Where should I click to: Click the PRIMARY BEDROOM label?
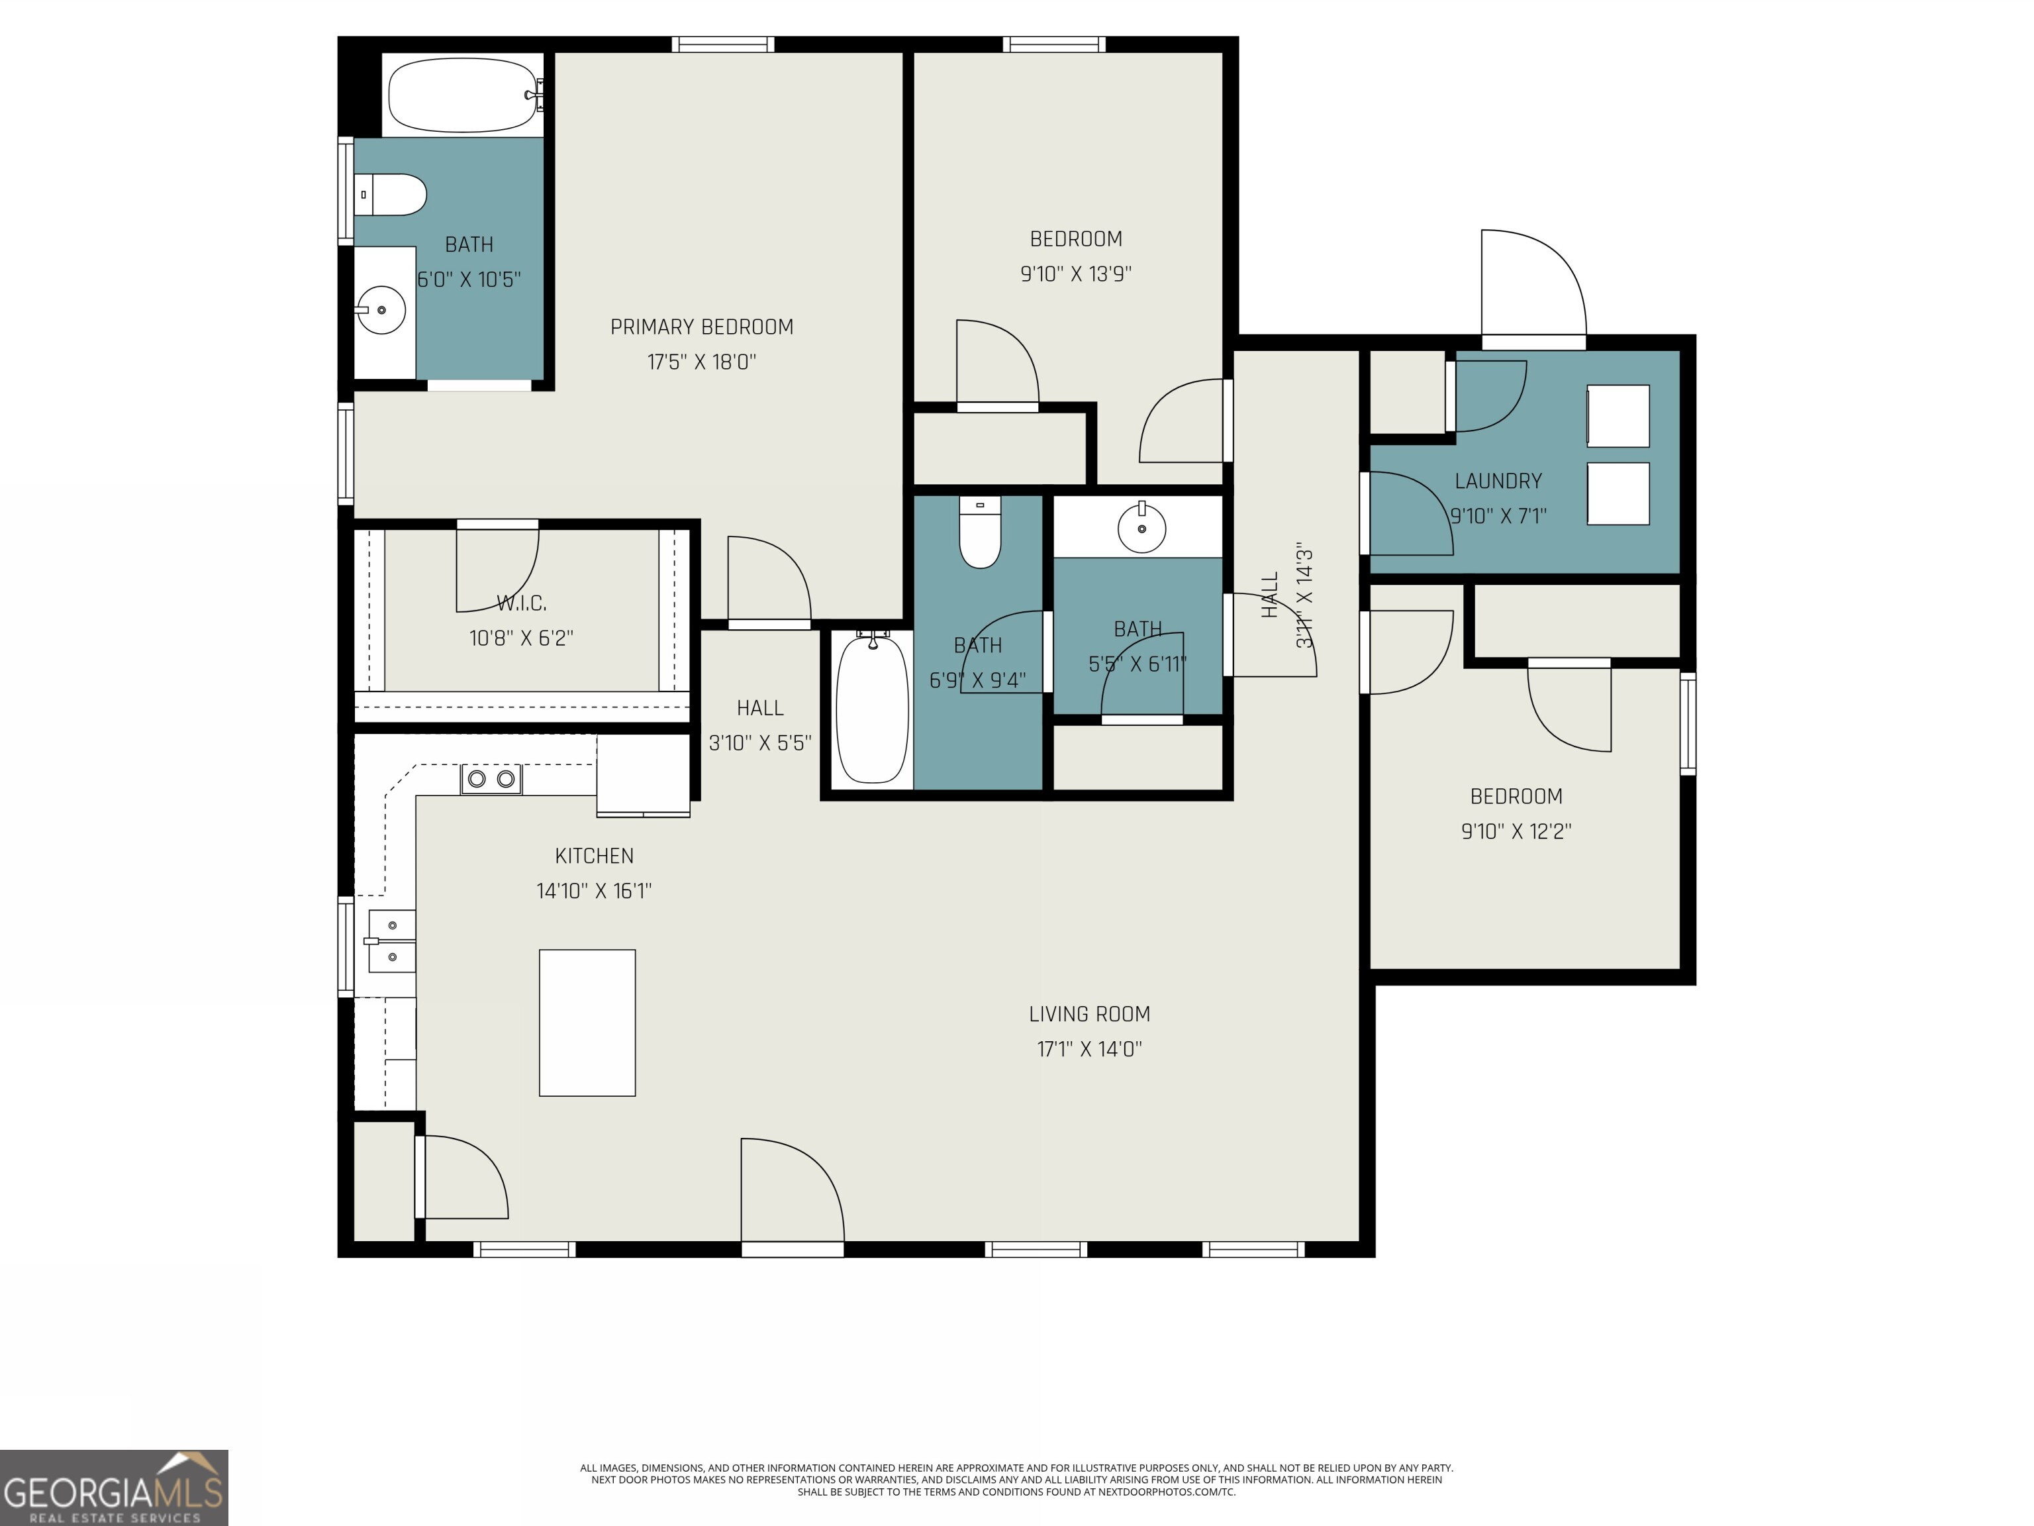point(702,327)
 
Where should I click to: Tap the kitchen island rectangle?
point(587,1023)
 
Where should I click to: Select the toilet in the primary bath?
point(393,195)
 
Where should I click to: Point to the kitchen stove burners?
point(491,779)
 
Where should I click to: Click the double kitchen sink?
point(393,941)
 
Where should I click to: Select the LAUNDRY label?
point(1498,481)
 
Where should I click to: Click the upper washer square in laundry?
point(1618,416)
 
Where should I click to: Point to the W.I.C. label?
point(521,603)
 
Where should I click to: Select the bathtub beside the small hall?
point(871,708)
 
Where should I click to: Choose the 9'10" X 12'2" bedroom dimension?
point(1516,831)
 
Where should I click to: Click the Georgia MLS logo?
point(113,1488)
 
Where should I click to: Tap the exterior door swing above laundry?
point(1532,285)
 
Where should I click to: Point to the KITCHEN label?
point(594,856)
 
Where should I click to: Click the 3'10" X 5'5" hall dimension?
point(759,742)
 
